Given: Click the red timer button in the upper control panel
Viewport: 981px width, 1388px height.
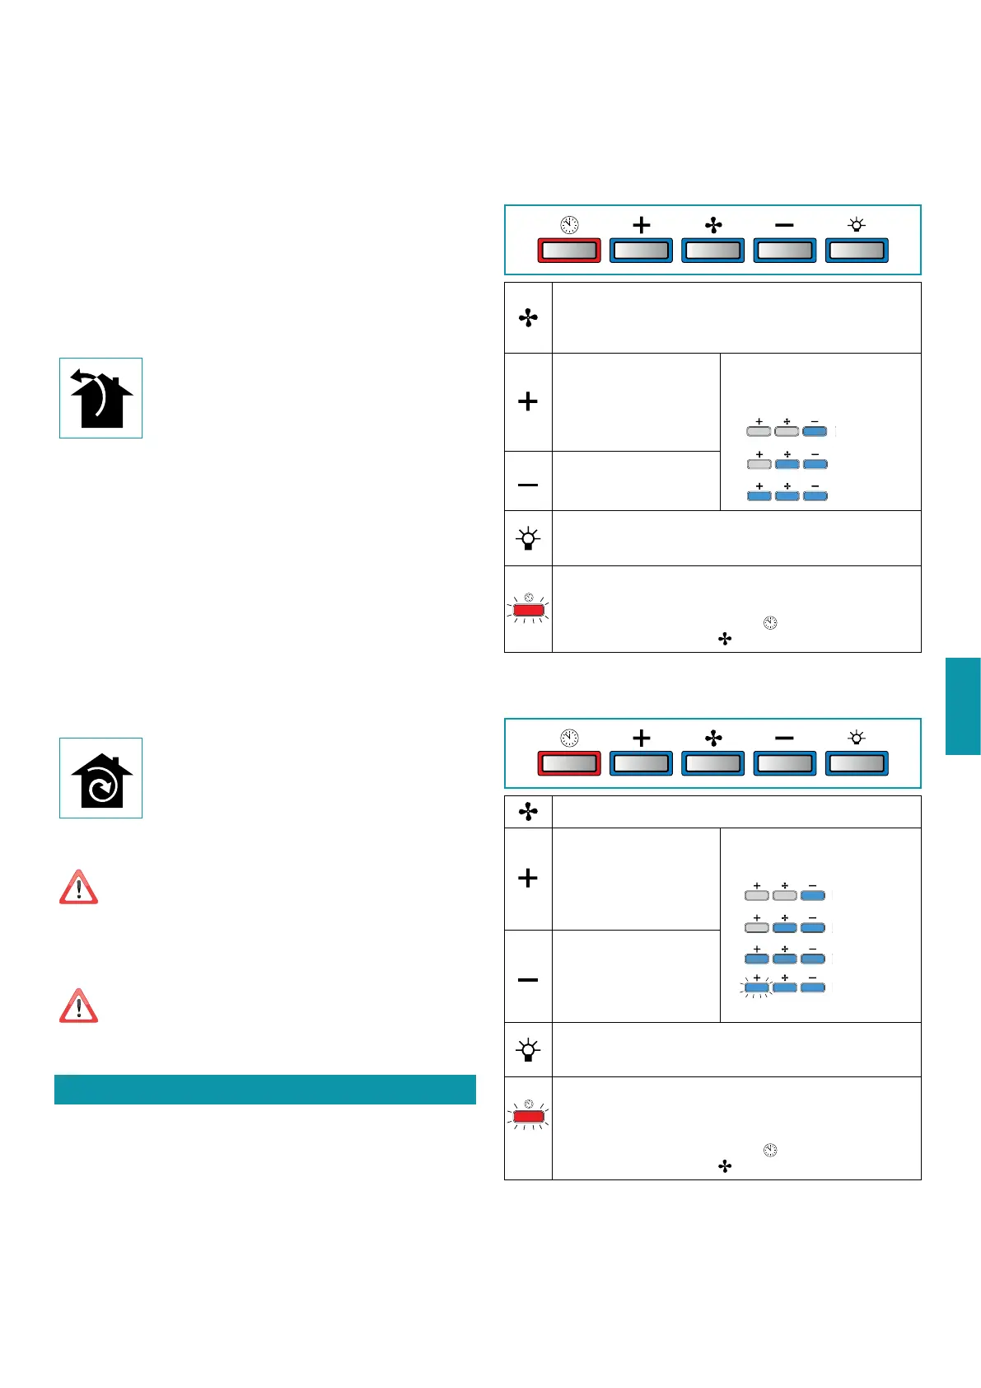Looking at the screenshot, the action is coord(568,251).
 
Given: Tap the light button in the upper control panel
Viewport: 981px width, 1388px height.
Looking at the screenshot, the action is coord(857,251).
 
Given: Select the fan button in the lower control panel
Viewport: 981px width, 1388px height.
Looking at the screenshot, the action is coord(713,763).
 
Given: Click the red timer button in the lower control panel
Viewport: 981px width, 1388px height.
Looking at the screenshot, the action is coord(568,763).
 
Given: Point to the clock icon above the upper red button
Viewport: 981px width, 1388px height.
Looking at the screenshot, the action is coord(569,225).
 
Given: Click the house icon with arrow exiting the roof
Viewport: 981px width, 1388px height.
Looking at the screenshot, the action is coord(101,398).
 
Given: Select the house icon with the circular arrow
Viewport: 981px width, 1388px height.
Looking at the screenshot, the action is coord(101,779).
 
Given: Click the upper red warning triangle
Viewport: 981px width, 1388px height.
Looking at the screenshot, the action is coord(79,889).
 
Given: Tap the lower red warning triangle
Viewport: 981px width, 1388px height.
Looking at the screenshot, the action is coord(79,1006).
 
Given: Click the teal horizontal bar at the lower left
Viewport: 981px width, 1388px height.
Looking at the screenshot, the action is coord(264,1089).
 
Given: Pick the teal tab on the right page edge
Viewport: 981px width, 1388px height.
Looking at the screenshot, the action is coord(963,706).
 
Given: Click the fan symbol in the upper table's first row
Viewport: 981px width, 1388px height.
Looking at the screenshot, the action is coord(528,318).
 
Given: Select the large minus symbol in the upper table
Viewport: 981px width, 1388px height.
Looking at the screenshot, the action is coord(528,485).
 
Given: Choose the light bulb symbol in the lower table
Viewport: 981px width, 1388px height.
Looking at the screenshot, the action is coord(528,1050).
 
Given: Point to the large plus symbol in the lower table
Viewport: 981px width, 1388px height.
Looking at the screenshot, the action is coord(528,878).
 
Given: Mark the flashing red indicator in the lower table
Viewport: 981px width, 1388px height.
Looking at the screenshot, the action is coord(528,1117).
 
